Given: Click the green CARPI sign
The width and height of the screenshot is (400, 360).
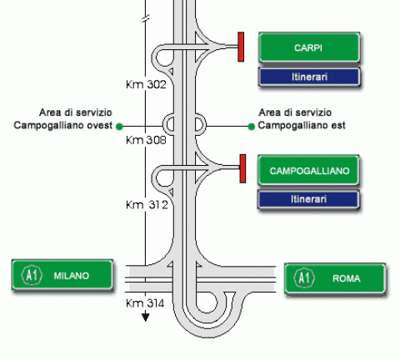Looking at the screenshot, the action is tap(309, 47).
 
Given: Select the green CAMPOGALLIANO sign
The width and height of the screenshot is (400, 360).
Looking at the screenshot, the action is tap(308, 171).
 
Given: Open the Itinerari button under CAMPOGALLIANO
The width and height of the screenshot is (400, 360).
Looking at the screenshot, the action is tap(308, 199).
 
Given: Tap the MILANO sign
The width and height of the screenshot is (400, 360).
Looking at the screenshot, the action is tap(62, 275).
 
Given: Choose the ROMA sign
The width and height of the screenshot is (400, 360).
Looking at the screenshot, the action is tap(335, 278).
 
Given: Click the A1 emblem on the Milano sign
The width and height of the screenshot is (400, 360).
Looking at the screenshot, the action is tap(32, 275).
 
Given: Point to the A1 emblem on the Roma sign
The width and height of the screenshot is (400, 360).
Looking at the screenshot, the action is tap(304, 277).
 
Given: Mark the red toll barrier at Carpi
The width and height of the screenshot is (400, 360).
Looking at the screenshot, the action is tap(241, 47).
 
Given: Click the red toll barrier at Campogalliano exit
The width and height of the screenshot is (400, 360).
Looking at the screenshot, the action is tap(242, 168).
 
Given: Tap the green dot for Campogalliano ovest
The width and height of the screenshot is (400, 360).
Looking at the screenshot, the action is tap(119, 127).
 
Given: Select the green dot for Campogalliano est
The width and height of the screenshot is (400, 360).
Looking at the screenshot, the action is tap(251, 127).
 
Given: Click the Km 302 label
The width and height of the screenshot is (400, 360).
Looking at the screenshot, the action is tap(146, 84).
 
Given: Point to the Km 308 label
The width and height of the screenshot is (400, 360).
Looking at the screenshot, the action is tap(146, 140).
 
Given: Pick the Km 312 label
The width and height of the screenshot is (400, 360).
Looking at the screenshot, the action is tap(147, 205).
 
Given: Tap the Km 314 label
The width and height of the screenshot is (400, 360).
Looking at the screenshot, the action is tap(145, 303).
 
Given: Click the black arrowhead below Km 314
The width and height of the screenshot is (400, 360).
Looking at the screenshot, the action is tap(145, 317).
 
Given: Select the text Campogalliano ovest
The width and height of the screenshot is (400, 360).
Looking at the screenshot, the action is tap(63, 125).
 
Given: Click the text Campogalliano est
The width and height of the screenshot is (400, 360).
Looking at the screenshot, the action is tap(302, 125).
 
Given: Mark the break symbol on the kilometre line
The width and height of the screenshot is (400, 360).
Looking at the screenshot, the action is tap(146, 19).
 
